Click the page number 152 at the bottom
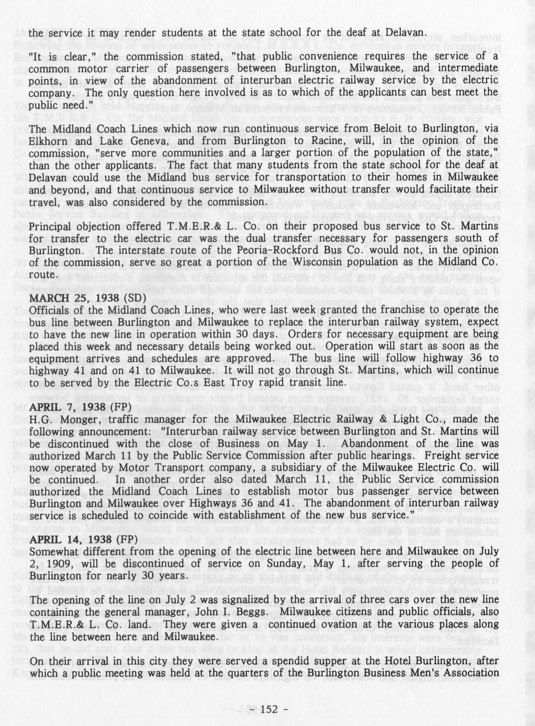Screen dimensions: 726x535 tap(267, 710)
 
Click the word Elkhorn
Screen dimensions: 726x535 tap(49, 140)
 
